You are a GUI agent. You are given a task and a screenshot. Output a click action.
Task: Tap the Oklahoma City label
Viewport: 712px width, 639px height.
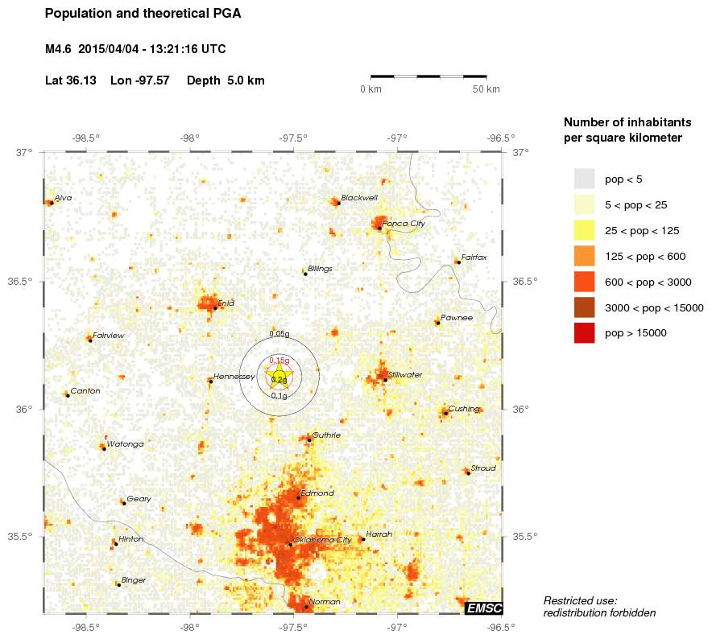323,540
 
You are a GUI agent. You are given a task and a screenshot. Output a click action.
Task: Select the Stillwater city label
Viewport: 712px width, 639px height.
405,375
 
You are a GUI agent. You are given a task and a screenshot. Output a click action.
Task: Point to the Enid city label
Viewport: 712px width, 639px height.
226,303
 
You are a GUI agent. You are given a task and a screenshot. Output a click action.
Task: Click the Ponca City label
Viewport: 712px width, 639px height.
403,224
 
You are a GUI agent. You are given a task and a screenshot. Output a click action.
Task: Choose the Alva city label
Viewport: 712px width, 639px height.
63,198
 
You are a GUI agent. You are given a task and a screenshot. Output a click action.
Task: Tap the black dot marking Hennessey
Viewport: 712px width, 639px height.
210,381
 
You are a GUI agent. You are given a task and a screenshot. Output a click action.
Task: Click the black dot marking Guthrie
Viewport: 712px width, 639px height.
309,439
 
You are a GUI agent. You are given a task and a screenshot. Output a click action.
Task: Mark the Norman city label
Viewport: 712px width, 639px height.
325,602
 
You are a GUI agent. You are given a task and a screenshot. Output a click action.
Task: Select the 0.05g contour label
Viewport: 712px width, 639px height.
279,334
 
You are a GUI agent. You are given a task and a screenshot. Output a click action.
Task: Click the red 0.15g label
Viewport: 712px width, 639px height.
279,360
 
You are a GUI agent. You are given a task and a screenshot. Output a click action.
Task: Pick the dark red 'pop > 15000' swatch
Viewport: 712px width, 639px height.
584,332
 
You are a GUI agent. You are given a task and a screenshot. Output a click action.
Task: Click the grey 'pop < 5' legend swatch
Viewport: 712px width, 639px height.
584,179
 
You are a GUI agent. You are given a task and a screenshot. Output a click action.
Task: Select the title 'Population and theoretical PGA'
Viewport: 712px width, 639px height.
143,14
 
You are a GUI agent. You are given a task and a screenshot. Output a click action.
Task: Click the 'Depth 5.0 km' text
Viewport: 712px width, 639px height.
226,80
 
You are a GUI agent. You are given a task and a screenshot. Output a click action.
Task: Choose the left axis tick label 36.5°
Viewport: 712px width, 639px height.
25,282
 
